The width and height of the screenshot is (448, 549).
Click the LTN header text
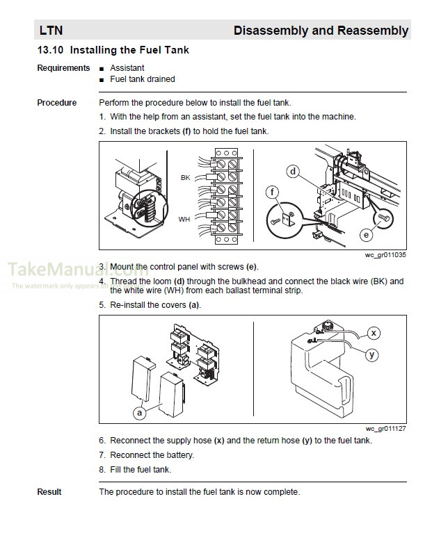pyautogui.click(x=51, y=31)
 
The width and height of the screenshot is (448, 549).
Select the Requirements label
pyautogui.click(x=63, y=68)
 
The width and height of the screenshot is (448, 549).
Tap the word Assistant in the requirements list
pyautogui.click(x=127, y=68)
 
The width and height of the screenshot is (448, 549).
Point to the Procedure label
pyautogui.click(x=57, y=103)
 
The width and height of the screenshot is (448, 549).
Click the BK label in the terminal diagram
pyautogui.click(x=185, y=178)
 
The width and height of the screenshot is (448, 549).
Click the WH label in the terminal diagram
pyautogui.click(x=184, y=219)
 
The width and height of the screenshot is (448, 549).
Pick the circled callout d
pyautogui.click(x=293, y=172)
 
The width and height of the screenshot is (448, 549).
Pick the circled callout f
pyautogui.click(x=273, y=192)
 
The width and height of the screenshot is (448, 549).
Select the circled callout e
pyautogui.click(x=366, y=235)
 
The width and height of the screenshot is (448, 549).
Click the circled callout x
pyautogui.click(x=374, y=333)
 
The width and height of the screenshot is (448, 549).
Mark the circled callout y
pyautogui.click(x=372, y=354)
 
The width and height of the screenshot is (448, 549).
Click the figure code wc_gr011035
pyautogui.click(x=385, y=256)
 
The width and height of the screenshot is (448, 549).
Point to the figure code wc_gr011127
pyautogui.click(x=385, y=429)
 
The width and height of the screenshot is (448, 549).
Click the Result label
pyautogui.click(x=49, y=492)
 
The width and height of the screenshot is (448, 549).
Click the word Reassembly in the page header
pyautogui.click(x=372, y=31)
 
